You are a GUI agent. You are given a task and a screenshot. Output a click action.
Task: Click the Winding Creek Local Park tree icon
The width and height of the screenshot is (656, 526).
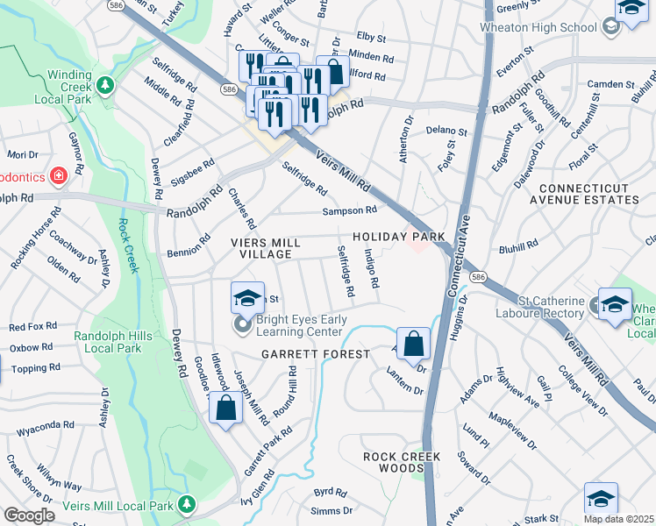click(105, 85)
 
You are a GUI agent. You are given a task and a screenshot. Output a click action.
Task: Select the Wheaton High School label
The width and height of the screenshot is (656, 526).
click(538, 27)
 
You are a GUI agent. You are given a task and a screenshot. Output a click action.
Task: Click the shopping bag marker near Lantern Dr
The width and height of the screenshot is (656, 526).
click(413, 342)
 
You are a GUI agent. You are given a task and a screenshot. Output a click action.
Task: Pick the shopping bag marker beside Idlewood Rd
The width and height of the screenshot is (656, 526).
click(225, 407)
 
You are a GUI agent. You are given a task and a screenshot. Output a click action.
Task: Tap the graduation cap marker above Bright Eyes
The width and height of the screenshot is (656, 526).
click(247, 297)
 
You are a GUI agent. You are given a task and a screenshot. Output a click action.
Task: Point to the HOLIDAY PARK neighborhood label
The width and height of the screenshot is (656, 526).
click(400, 238)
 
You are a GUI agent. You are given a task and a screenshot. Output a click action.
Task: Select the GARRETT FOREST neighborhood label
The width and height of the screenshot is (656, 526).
click(315, 354)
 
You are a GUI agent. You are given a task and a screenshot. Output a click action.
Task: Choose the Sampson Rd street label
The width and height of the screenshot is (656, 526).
click(349, 210)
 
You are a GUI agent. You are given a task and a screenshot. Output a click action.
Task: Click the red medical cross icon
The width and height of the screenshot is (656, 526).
click(59, 176)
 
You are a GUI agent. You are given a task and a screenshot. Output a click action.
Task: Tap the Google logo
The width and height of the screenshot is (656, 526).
click(29, 515)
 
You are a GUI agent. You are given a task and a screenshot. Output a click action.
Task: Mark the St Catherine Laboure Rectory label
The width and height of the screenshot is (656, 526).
click(539, 308)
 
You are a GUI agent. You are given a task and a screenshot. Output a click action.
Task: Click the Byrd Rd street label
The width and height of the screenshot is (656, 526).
click(330, 492)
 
